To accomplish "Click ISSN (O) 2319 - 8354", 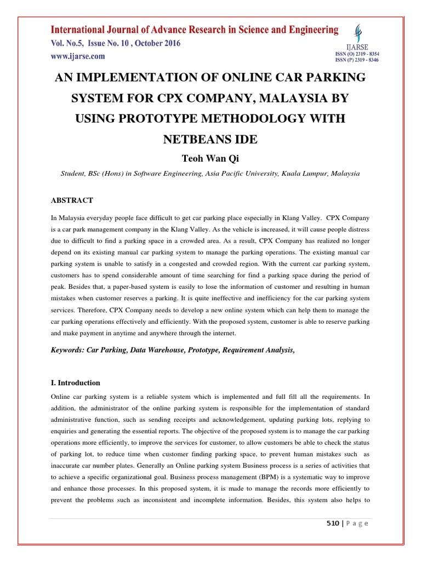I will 357,54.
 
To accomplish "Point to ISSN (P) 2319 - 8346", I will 357,60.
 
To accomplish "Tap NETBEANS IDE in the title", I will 210,139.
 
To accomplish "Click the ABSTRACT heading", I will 72,201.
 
